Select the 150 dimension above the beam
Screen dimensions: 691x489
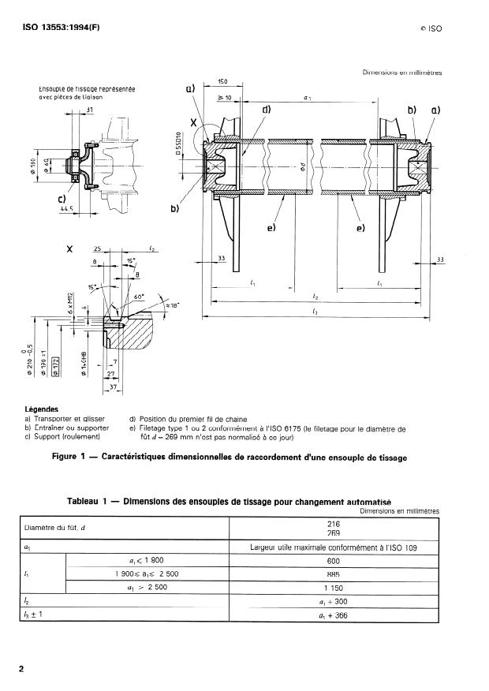click(223, 81)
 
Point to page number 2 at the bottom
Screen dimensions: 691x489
click(21, 670)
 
